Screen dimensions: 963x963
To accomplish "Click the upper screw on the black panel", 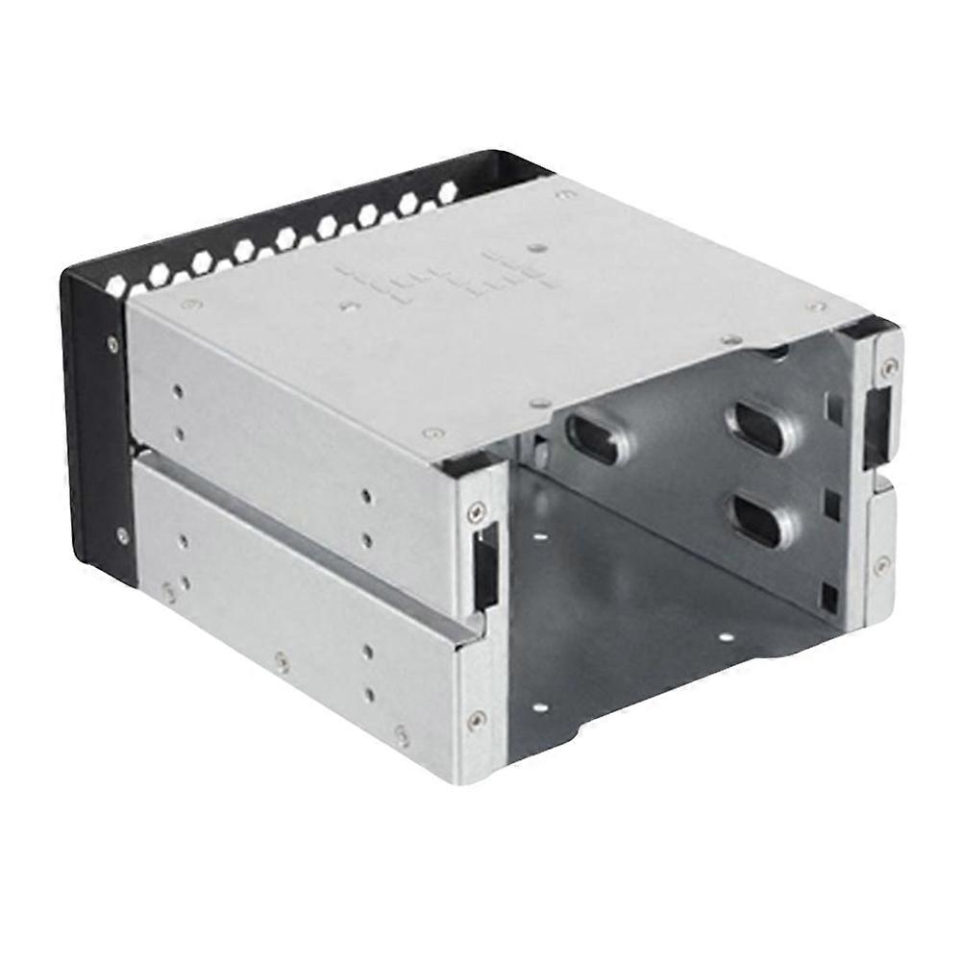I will pos(113,343).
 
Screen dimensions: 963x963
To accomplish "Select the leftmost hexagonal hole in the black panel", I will pos(116,284).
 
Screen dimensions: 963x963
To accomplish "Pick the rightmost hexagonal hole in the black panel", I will pos(448,191).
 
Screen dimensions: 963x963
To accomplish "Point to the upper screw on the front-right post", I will pos(890,366).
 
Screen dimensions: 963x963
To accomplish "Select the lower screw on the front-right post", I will pos(881,565).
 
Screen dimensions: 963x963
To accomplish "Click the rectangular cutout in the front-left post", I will pos(485,567).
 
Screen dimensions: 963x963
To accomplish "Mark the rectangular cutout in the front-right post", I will pos(876,428).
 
